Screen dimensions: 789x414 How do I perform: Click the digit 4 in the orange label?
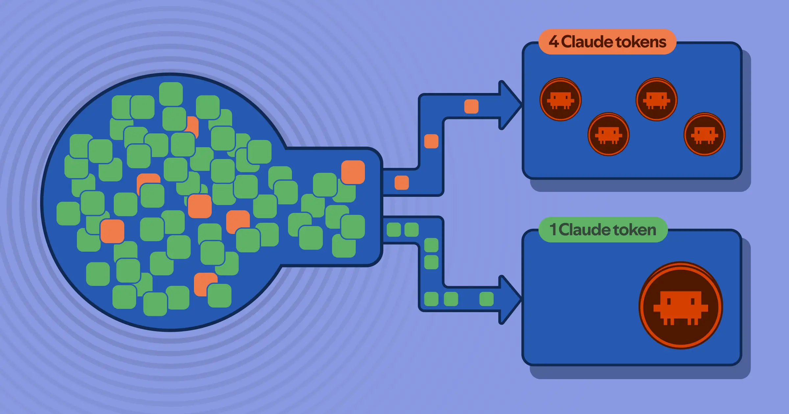(554, 42)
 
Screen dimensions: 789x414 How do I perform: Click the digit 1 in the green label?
(553, 229)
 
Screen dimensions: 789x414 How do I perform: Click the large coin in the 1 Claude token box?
(681, 305)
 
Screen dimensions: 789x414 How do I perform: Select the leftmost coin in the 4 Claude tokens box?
(561, 99)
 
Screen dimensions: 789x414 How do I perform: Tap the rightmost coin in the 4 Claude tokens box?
(705, 134)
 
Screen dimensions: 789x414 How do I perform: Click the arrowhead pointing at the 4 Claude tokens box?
(510, 105)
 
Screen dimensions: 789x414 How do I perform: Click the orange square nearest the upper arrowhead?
(471, 106)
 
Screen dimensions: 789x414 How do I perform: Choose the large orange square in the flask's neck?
(353, 172)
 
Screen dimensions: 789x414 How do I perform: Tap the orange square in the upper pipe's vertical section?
(431, 141)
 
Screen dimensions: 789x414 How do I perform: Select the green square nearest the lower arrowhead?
(487, 299)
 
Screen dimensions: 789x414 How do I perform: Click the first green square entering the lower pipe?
(394, 230)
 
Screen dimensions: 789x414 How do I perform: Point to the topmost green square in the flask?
(171, 94)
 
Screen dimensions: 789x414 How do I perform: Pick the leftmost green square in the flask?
(68, 214)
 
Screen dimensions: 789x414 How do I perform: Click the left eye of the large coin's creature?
(668, 301)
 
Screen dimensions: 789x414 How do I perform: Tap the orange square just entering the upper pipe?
(402, 183)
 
